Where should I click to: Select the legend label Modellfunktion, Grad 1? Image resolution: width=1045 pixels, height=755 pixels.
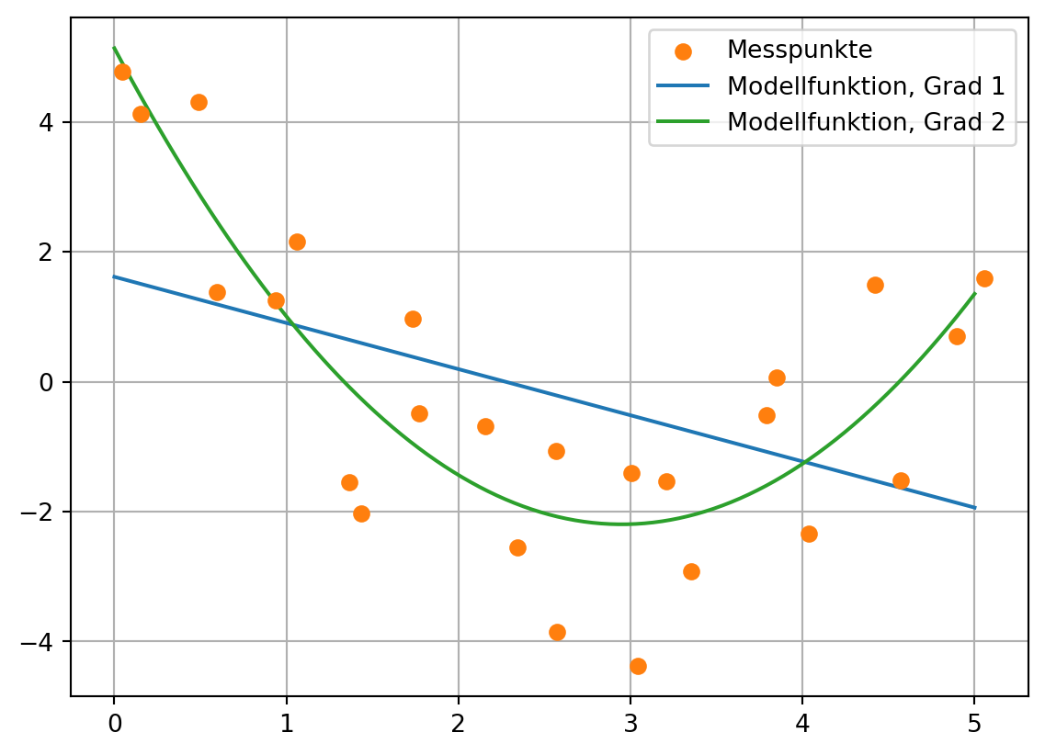pos(865,86)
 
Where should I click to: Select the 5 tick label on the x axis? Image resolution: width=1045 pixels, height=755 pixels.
pos(974,722)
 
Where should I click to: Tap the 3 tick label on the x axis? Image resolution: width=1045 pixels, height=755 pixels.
pos(630,722)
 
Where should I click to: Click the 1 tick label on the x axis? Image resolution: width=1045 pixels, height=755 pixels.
pos(286,722)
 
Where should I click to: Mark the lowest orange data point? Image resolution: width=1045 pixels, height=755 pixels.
pos(638,666)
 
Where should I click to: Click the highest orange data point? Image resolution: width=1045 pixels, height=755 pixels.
pos(122,72)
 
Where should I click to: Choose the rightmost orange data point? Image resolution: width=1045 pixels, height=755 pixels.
pos(984,278)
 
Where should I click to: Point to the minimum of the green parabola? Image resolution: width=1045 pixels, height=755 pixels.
pos(621,524)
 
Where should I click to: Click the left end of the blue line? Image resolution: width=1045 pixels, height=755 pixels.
pos(114,276)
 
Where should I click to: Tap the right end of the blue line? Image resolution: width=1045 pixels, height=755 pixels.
pos(974,507)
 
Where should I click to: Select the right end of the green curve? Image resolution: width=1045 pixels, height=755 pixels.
pos(974,294)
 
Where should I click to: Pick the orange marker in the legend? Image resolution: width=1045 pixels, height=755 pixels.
pos(683,51)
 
